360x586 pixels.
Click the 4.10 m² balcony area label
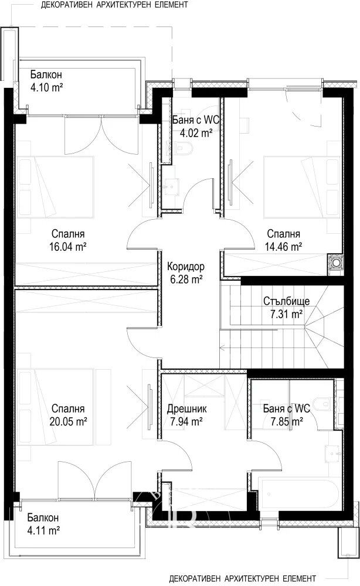[x=46, y=88]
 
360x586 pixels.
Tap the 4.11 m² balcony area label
[x=44, y=530]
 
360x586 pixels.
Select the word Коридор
[x=186, y=267]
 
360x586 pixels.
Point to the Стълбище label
[x=286, y=301]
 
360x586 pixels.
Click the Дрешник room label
[x=186, y=409]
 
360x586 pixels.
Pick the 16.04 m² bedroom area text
[x=68, y=247]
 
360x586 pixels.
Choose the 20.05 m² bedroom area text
[x=68, y=421]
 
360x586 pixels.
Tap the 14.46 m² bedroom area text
[x=283, y=247]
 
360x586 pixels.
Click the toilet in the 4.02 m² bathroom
[x=184, y=149]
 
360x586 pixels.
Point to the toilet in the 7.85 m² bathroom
[x=321, y=404]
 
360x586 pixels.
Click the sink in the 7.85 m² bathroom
[x=332, y=452]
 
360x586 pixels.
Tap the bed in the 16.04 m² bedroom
[x=55, y=186]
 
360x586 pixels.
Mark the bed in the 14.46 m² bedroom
[x=302, y=186]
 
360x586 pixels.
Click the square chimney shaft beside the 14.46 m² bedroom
[x=336, y=263]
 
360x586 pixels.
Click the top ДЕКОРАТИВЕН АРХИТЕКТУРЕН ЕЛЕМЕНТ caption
[x=114, y=5]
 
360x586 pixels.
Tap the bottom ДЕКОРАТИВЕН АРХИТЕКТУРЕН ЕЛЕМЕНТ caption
[x=242, y=578]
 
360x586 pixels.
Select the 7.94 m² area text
[x=186, y=421]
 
